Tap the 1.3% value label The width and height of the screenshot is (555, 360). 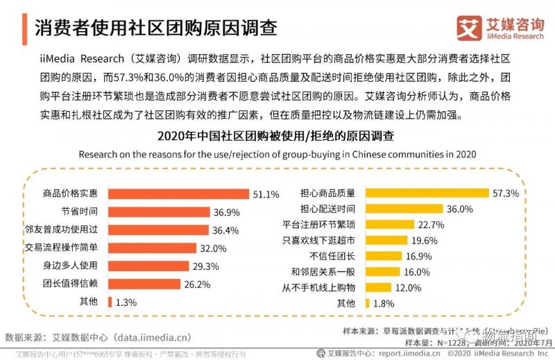(126, 302)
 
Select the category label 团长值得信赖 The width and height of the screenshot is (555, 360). (80, 284)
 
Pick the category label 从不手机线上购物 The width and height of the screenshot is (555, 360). (318, 287)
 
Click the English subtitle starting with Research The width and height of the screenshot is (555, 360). (277, 153)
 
